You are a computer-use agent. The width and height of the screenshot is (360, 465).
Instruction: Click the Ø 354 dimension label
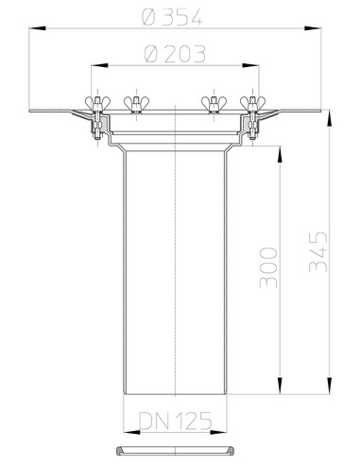pyautogui.click(x=172, y=17)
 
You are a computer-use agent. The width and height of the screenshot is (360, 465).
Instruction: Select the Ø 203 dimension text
pyautogui.click(x=175, y=54)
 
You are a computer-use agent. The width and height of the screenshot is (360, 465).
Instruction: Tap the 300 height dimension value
pyautogui.click(x=268, y=267)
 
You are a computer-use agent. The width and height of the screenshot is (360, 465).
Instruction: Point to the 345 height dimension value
pyautogui.click(x=318, y=252)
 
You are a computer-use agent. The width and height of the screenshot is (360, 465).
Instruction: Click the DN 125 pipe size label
pyautogui.click(x=175, y=421)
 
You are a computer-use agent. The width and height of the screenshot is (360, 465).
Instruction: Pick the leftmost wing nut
pyautogui.click(x=97, y=103)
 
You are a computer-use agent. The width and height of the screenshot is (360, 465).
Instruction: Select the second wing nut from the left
pyautogui.click(x=136, y=103)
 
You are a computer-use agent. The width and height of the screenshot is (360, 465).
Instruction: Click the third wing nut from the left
pyautogui.click(x=214, y=103)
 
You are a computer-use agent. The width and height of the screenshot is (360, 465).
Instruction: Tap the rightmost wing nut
pyautogui.click(x=252, y=103)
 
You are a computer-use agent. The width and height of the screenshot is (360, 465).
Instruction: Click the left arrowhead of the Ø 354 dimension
pyautogui.click(x=37, y=28)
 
